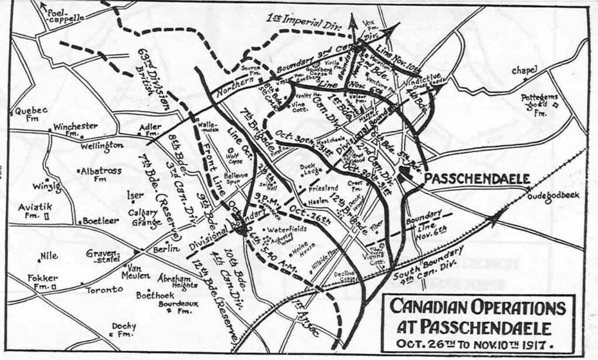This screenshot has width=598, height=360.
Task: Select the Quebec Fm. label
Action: (31, 113)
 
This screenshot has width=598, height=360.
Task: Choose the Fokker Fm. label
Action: (40, 282)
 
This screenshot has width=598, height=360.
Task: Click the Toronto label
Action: (105, 289)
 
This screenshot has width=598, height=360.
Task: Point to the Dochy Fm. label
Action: (123, 330)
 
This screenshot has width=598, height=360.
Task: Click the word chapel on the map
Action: (524, 71)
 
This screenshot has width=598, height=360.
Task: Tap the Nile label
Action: (49, 255)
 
